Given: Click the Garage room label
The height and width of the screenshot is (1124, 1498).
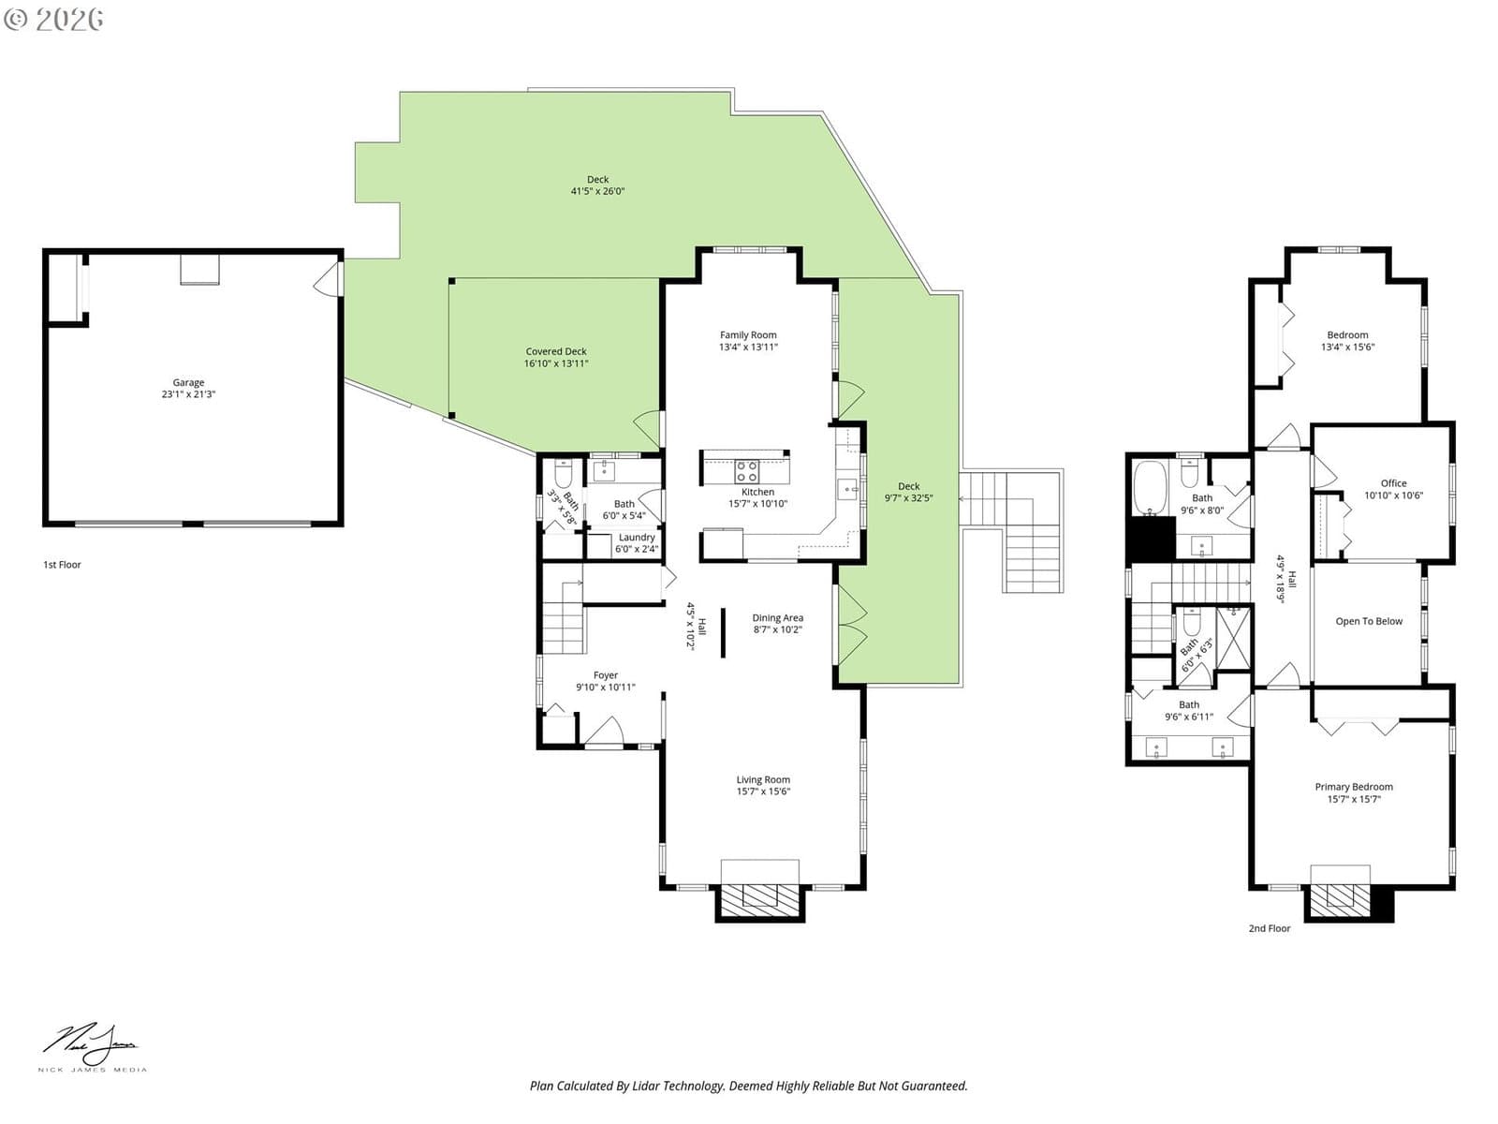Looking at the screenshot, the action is click(x=188, y=389).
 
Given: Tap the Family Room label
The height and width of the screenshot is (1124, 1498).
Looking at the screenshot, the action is click(x=748, y=341).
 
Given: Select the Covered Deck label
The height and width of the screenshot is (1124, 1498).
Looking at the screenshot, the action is click(x=556, y=357).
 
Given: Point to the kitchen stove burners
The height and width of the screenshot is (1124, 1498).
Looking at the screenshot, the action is click(x=746, y=471).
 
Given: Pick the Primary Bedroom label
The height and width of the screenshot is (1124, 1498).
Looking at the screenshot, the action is click(x=1354, y=792).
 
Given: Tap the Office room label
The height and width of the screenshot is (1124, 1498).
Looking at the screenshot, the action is click(x=1393, y=489).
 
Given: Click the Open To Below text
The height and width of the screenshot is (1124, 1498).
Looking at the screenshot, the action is click(x=1369, y=621).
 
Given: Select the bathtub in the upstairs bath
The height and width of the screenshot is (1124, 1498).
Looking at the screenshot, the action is click(x=1150, y=488).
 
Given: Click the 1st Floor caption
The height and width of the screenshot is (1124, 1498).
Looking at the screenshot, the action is click(x=62, y=565).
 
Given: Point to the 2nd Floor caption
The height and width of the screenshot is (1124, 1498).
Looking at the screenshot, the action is click(x=1270, y=928).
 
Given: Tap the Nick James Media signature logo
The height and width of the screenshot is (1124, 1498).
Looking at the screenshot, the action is click(x=92, y=1047).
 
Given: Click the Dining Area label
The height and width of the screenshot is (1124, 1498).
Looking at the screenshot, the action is click(x=777, y=623).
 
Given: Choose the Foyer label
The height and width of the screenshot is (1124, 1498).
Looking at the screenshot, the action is click(x=606, y=680).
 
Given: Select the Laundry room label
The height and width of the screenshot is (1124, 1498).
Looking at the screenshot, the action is click(x=637, y=542).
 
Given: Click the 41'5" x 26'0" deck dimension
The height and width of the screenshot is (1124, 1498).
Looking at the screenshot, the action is click(x=598, y=191).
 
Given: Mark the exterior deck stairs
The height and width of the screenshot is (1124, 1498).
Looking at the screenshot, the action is click(x=1011, y=531).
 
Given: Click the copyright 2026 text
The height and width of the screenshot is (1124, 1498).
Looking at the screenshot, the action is click(x=53, y=19).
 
